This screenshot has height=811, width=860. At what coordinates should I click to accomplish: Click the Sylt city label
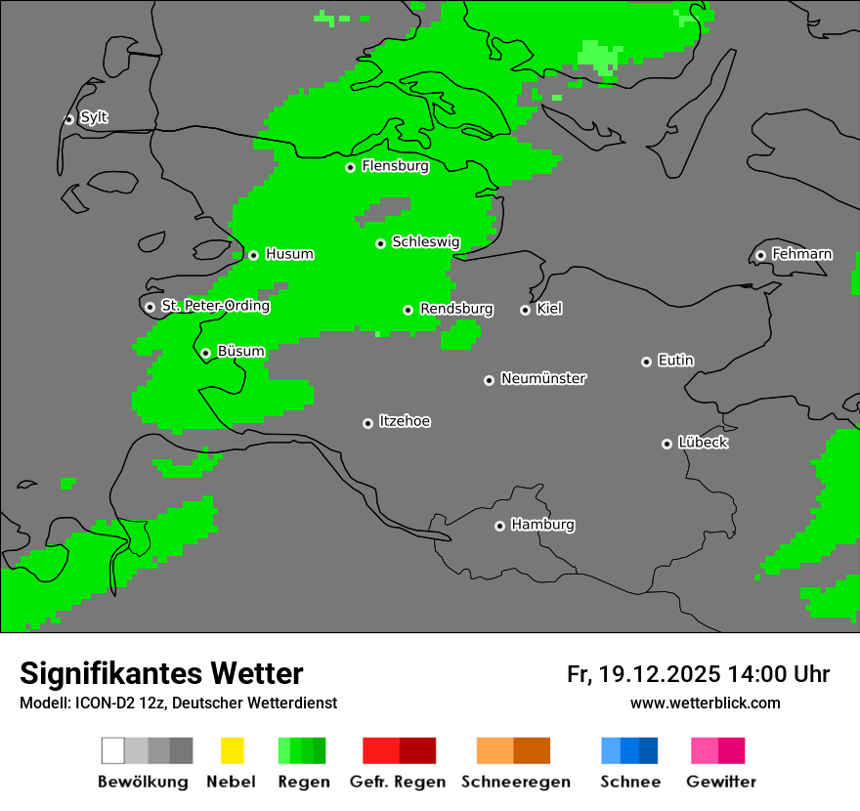[94, 118]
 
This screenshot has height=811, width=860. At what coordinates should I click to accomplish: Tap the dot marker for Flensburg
[350, 167]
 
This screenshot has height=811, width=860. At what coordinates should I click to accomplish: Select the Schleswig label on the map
[425, 242]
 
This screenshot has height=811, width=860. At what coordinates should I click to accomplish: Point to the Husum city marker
[253, 255]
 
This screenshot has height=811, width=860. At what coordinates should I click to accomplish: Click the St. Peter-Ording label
[215, 306]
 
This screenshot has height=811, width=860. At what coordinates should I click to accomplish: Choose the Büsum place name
[240, 352]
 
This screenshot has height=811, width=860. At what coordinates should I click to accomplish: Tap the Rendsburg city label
[455, 309]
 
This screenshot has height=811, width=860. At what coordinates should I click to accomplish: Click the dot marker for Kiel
[525, 310]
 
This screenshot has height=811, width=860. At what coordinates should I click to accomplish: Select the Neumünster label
[543, 378]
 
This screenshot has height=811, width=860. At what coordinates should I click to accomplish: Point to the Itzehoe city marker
[367, 423]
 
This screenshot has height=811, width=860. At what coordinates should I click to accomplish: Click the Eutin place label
[675, 361]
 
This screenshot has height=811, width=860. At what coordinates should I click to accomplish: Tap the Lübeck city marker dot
[666, 444]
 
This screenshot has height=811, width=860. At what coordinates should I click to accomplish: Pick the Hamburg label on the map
[542, 525]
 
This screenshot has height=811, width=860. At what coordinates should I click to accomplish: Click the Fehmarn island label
[801, 254]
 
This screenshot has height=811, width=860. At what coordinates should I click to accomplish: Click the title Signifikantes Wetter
[161, 673]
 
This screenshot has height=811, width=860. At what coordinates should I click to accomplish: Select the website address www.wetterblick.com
[705, 703]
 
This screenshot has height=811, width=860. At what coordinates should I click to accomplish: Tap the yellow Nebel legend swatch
[232, 750]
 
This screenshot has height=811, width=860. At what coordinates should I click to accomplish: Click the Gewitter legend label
[720, 782]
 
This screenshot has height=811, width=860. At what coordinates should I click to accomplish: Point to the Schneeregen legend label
[515, 782]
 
